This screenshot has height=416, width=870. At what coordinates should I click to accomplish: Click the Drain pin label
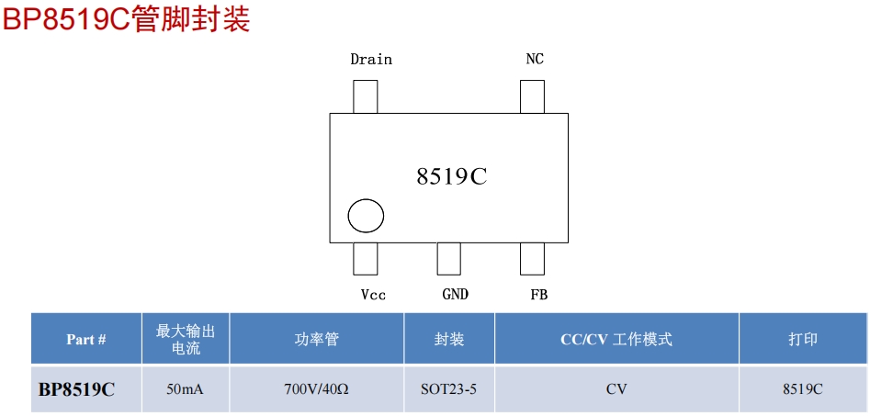(371, 60)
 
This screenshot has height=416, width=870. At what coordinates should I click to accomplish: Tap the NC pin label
(534, 60)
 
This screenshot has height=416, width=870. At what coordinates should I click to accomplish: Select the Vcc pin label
(373, 295)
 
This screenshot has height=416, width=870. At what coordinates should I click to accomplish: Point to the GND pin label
(455, 295)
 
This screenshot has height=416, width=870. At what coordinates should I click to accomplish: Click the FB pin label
(538, 295)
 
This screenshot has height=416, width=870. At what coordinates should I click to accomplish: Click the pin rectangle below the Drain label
(366, 96)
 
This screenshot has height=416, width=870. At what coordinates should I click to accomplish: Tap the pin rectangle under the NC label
(532, 96)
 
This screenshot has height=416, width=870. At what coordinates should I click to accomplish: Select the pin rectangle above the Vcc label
(365, 258)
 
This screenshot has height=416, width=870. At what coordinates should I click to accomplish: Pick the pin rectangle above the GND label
(448, 258)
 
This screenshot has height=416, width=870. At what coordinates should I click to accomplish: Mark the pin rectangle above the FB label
(532, 258)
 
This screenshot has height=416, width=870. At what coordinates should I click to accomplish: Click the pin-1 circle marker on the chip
(366, 217)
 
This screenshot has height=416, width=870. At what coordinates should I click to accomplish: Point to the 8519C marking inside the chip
(451, 177)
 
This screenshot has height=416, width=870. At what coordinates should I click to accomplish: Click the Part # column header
(86, 340)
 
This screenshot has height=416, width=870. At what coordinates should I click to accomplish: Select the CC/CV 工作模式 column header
(616, 340)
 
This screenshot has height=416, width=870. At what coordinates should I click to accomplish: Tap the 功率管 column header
(317, 340)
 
